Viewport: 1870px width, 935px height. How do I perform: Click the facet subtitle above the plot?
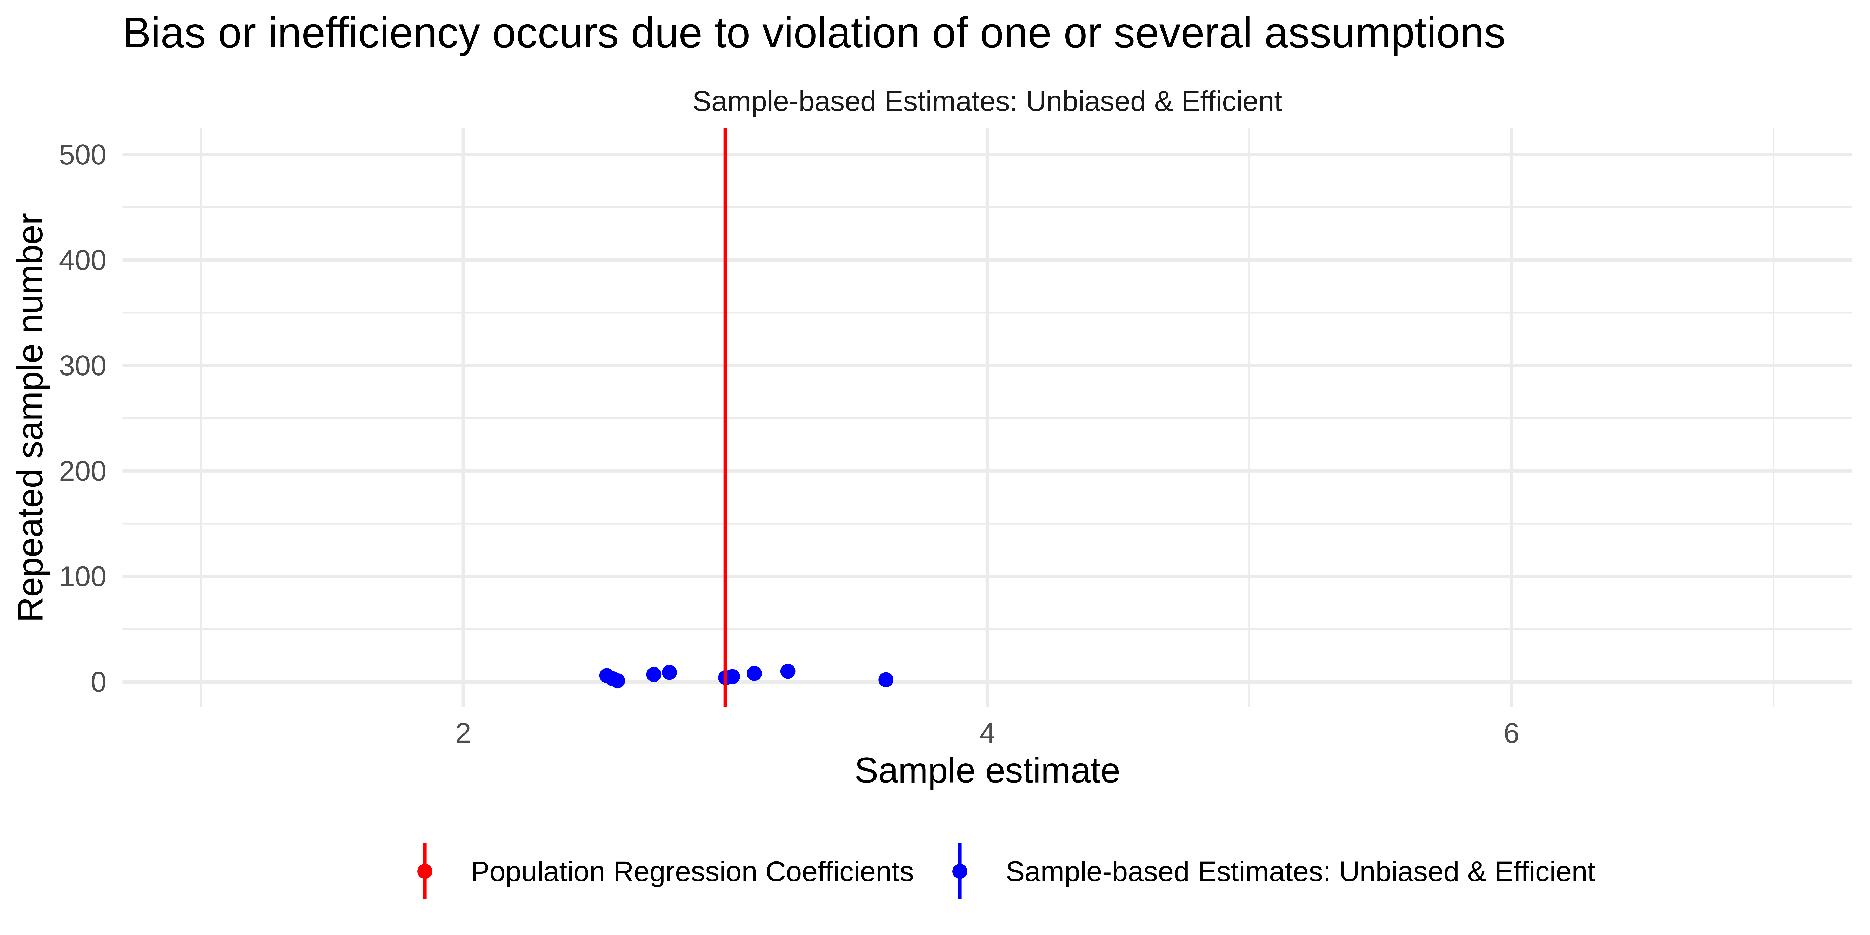click(x=986, y=102)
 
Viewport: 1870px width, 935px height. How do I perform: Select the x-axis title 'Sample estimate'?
click(x=986, y=771)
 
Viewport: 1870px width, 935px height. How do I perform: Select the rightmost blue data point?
click(x=886, y=679)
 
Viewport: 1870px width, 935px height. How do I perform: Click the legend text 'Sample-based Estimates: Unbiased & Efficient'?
click(x=1299, y=872)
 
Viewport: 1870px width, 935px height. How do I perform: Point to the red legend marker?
click(x=425, y=871)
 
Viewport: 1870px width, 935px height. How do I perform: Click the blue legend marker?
click(x=960, y=871)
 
